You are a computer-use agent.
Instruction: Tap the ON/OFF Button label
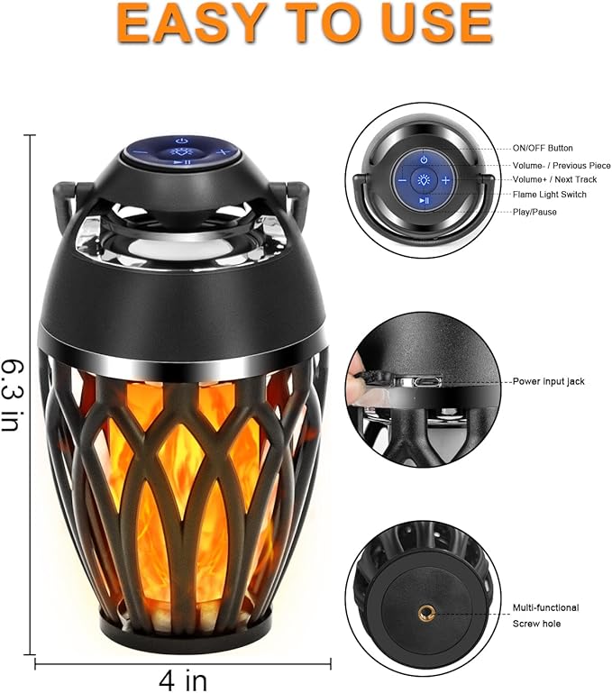coord(543,148)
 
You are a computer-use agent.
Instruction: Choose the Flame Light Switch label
coord(549,195)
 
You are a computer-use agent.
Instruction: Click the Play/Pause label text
coord(535,212)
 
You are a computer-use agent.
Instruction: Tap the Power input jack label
coord(548,382)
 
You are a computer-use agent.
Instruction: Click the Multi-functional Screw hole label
coord(546,615)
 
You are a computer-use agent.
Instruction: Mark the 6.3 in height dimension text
coord(13,393)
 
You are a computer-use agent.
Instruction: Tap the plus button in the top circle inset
coord(446,180)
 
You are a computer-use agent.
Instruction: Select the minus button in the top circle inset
coord(402,180)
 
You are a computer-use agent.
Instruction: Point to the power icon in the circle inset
coord(424,160)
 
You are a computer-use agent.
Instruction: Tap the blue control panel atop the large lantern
coord(181,148)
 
